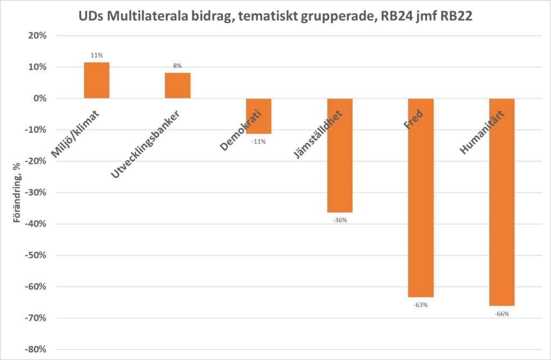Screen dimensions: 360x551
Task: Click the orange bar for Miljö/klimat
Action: (x=97, y=80)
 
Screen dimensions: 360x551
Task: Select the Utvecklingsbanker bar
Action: (x=178, y=86)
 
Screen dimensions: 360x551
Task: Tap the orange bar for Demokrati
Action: (x=259, y=116)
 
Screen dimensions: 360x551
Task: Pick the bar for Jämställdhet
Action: (x=340, y=156)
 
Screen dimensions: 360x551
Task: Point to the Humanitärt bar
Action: (x=501, y=202)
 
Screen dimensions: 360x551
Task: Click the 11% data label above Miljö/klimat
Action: (x=97, y=55)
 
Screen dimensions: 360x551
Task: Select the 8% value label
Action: (x=178, y=66)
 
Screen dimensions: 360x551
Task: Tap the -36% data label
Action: (x=340, y=220)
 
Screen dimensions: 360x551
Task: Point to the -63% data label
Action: (x=420, y=305)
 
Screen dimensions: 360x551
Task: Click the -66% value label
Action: (x=501, y=314)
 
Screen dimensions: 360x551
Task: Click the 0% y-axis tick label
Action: (x=42, y=99)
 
